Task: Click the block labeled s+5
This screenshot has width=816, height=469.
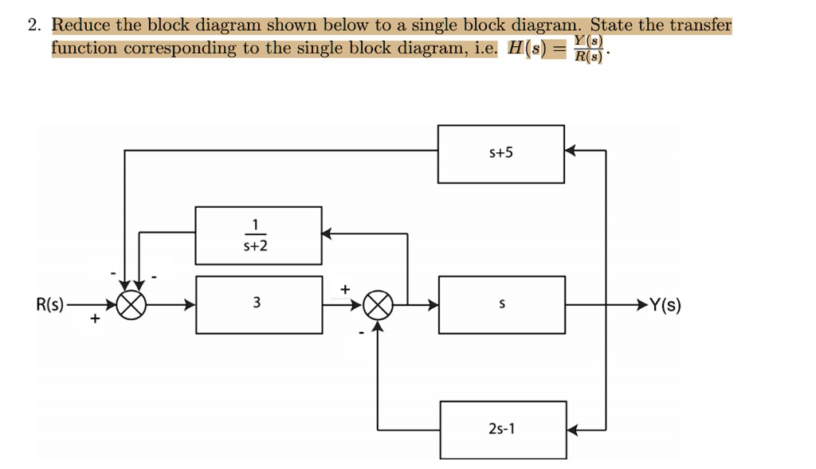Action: coord(500,153)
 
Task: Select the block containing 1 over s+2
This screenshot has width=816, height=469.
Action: coord(259,235)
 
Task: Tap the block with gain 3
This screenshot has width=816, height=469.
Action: coord(259,304)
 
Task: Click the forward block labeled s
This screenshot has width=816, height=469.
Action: coord(501,304)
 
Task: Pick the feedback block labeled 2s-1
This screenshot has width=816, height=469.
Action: coord(502,429)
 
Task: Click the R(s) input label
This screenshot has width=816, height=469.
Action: coord(51,304)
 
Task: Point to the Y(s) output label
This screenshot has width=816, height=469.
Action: coord(665,304)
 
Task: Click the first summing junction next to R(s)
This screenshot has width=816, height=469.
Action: coord(131,305)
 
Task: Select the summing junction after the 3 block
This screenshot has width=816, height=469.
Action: coord(379,305)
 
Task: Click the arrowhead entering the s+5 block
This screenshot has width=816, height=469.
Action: coord(571,150)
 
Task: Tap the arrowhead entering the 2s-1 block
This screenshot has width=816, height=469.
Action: coord(572,430)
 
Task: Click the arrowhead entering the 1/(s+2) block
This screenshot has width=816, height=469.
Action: coord(328,233)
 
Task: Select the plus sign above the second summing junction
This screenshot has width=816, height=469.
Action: coord(344,288)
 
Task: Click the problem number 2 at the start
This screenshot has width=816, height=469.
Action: coord(33,25)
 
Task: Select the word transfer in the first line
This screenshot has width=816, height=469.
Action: coord(700,25)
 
